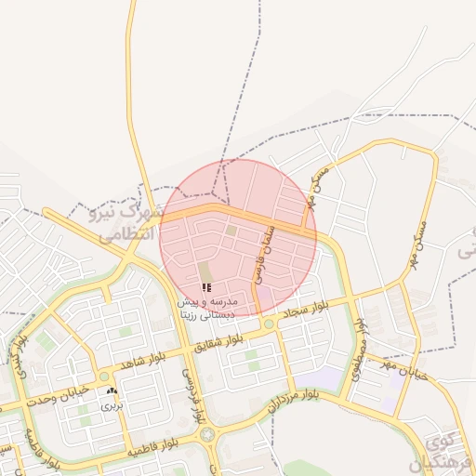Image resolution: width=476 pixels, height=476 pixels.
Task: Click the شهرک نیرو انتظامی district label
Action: pos(126,224)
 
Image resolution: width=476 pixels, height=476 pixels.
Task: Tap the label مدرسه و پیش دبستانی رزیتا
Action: pos(207,309)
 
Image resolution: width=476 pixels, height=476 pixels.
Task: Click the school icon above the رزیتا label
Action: pos(205,288)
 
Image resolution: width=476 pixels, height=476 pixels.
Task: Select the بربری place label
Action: pos(112,405)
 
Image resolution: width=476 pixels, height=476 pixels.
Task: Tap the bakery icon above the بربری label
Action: pos(112,392)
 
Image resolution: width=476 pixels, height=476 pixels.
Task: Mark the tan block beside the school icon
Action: pos(204,272)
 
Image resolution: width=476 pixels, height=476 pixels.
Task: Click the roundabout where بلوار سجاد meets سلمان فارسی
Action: pos(269,324)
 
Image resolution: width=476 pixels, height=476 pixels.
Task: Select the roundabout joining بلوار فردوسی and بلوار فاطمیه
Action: pos(206,433)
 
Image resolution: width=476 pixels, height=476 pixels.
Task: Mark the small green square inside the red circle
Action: pos(231,230)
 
